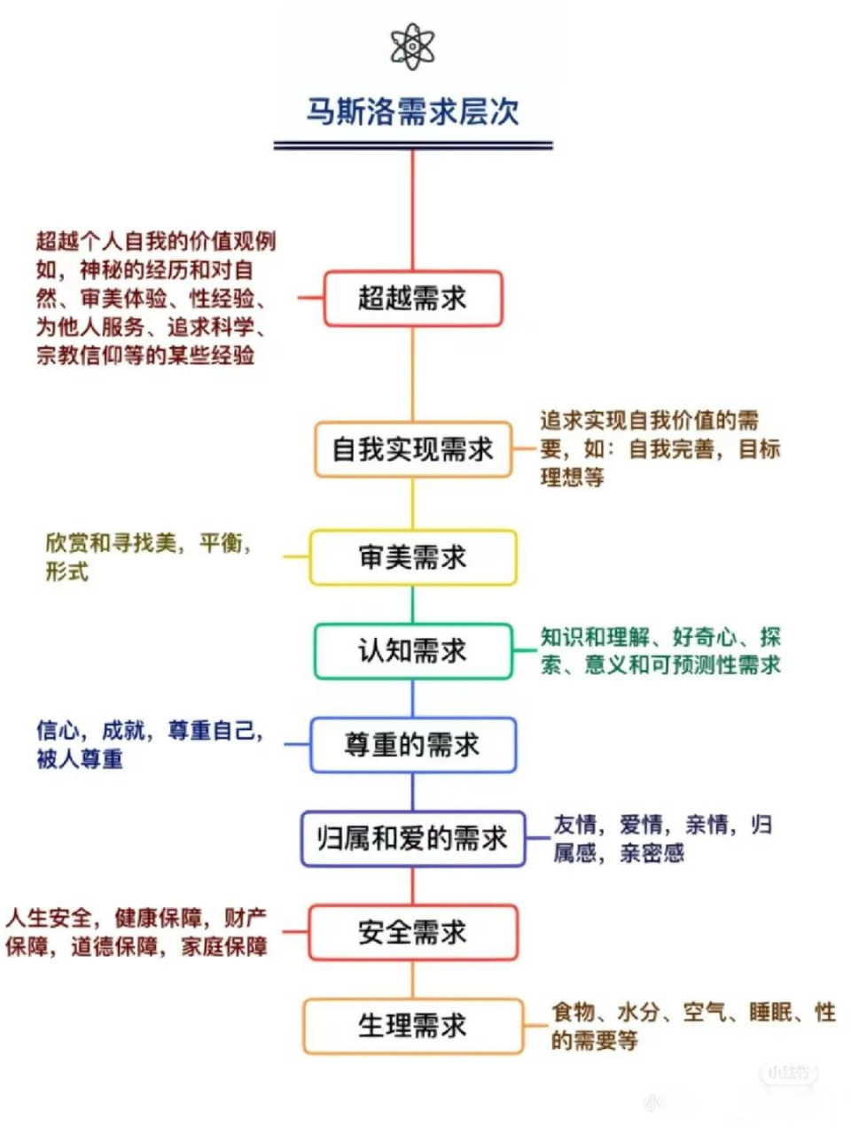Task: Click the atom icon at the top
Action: [412, 46]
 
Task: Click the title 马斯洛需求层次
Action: [412, 112]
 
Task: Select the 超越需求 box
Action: [412, 299]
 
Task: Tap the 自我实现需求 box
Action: [412, 449]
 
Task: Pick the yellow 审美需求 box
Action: [412, 557]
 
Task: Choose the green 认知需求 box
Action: [412, 651]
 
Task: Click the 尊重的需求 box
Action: [412, 745]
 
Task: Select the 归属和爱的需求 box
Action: [412, 838]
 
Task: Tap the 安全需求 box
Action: [412, 932]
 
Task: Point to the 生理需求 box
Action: [412, 1026]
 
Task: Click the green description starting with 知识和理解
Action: [660, 650]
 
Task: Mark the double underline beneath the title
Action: [412, 145]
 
